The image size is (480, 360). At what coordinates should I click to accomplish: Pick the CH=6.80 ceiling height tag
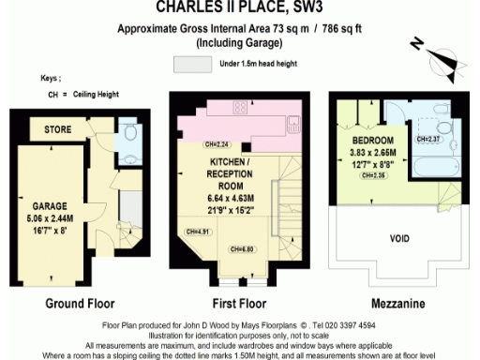245,248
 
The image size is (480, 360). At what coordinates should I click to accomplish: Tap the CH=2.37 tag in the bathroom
427,140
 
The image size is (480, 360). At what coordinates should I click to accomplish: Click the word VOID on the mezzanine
399,238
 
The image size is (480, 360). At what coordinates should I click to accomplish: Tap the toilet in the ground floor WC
130,134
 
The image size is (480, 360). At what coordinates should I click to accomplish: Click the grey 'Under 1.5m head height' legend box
191,64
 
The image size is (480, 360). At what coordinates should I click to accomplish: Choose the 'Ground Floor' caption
80,304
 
